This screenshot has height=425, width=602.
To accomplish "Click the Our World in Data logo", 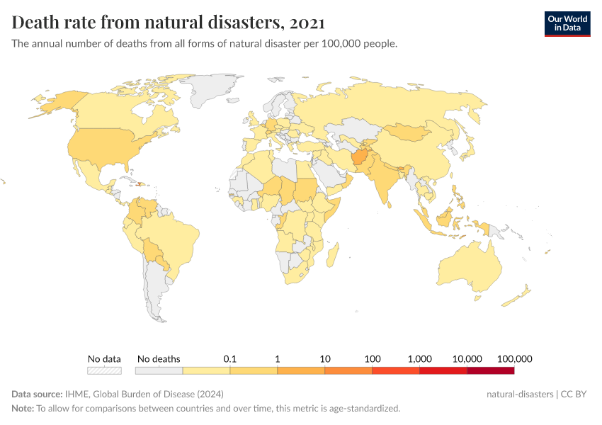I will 567,23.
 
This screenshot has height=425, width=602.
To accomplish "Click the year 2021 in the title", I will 307,23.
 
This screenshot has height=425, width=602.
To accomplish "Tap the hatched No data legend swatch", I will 104,370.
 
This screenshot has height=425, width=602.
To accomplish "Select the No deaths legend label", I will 159,359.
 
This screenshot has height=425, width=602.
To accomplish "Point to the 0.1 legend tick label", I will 229,359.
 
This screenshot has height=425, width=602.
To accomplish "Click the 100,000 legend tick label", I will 514,359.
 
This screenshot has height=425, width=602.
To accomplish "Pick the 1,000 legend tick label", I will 419,359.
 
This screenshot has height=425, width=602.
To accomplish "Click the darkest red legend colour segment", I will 490,370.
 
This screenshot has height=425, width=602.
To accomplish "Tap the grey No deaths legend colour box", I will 159,370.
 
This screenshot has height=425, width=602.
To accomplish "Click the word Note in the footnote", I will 22,409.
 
